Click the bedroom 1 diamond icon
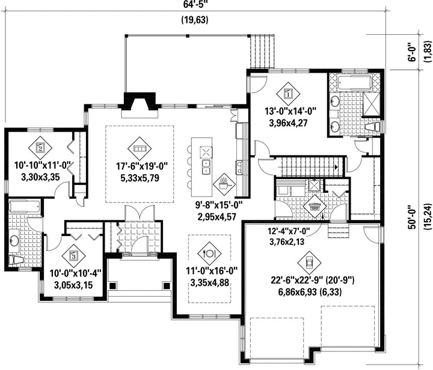click(288, 94)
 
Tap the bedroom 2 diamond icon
click(40, 148)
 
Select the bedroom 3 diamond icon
click(73, 256)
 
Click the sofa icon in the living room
click(140, 148)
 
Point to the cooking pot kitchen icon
click(224, 184)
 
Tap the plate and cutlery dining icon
click(209, 253)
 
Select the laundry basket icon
click(315, 207)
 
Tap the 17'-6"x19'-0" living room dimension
click(142, 166)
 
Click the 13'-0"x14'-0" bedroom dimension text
click(290, 111)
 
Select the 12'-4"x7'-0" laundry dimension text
click(289, 230)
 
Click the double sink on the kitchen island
click(206, 168)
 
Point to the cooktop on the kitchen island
click(206, 152)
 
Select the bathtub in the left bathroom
click(24, 207)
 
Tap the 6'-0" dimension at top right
click(413, 52)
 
